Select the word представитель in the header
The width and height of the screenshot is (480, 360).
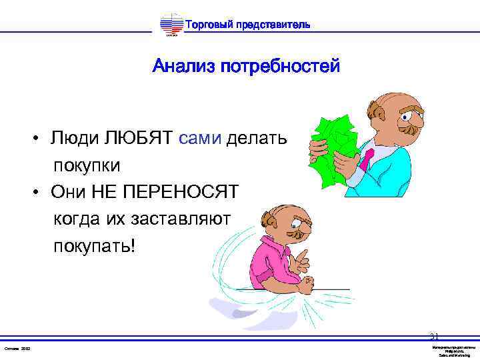tap(273, 25)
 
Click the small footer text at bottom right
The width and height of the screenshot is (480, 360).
tap(453, 351)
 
